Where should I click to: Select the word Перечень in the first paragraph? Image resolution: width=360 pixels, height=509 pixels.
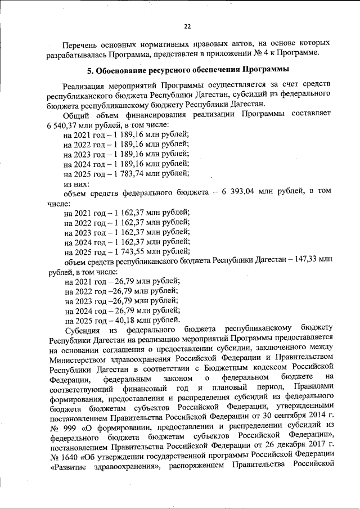pyautogui.click(x=81, y=43)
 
